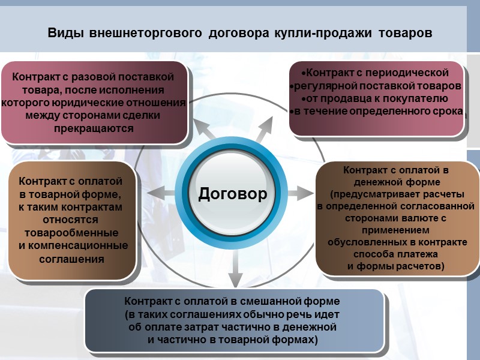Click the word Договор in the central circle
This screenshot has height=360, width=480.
[x=233, y=194]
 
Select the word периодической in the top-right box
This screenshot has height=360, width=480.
[x=412, y=73]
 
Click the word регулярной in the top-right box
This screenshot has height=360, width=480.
[x=320, y=86]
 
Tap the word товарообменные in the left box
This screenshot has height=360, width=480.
[x=71, y=233]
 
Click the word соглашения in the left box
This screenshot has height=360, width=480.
[x=71, y=260]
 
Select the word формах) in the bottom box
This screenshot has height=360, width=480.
[x=296, y=340]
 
